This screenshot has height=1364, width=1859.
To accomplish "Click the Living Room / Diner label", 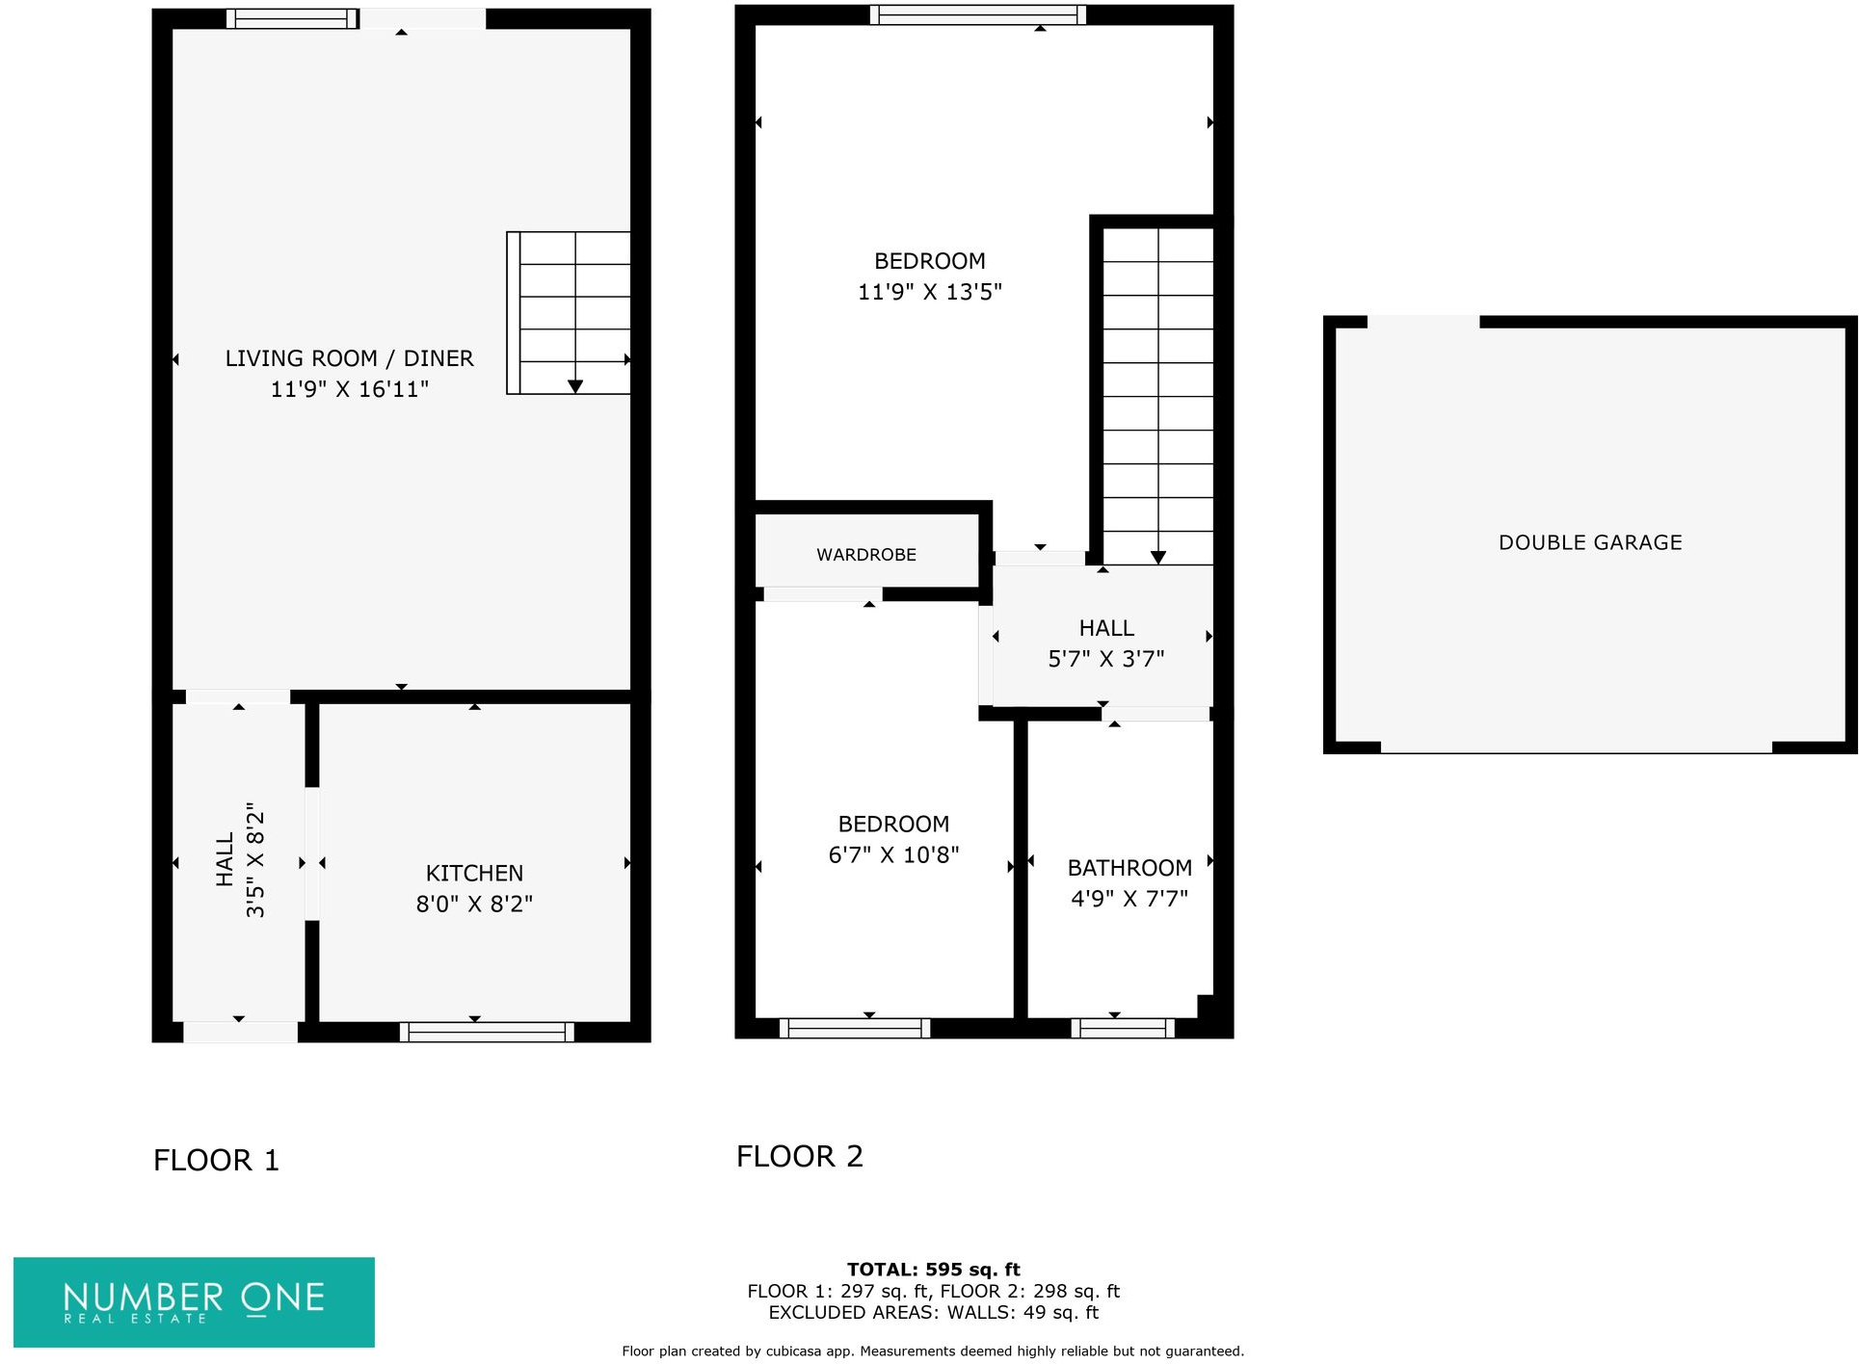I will coord(349,358).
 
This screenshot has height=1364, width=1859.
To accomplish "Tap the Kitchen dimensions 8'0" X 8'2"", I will coord(474,904).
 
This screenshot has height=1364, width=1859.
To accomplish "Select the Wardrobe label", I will coord(865,555).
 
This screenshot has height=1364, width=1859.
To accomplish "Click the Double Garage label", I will coord(1589,542).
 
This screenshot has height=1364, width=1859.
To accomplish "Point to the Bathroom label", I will coord(1129,868).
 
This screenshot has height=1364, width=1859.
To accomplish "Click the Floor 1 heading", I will coord(216,1160).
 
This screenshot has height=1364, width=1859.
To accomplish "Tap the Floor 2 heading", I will coord(799,1156).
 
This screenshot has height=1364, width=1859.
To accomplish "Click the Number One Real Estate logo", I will coord(194,1301).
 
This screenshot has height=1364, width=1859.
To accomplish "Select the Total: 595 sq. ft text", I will coord(932,1270).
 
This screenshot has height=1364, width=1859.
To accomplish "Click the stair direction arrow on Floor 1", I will coord(575,385).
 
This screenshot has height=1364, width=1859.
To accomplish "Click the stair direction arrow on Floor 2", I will coord(1157,557).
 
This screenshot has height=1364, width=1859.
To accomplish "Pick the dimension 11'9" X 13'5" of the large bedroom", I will coord(929,292).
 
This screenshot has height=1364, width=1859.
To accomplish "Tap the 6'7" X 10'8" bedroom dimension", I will coord(893,854).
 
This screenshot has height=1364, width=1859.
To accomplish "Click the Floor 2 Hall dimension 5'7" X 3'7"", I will coord(1105,659).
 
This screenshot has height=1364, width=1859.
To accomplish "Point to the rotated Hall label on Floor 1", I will coord(225,859).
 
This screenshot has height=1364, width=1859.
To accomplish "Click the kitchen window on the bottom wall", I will coord(487,1032).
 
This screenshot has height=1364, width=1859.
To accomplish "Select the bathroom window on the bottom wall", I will coord(1122,1029).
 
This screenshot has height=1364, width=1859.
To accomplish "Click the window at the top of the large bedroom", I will coord(977,14).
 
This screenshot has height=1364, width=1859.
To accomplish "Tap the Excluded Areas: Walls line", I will coord(932,1312).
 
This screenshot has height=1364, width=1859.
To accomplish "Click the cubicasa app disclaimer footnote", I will coord(932,1351).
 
